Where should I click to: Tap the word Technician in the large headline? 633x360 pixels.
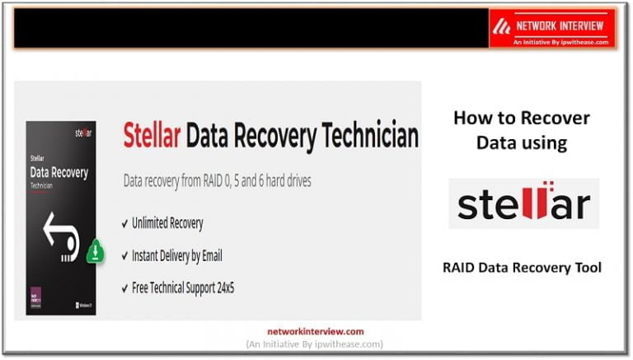pos(366,137)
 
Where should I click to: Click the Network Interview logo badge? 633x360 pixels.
pos(551,28)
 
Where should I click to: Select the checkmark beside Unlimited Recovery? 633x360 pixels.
pos(124,223)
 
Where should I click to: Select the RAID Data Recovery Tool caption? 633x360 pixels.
pos(522,267)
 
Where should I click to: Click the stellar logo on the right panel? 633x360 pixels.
pos(523,203)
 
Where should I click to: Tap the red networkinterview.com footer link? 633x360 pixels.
pos(315,330)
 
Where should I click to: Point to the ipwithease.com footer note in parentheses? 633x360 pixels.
pos(315,344)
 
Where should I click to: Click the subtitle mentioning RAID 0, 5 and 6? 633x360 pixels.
pos(217,180)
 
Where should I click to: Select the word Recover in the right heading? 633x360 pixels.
pos(548,118)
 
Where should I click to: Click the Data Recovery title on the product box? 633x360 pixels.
pos(59,175)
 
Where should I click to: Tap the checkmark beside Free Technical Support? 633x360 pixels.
pos(124,288)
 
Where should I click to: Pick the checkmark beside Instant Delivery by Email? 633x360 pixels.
pos(124,256)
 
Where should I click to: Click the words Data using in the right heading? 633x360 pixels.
pos(522,143)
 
